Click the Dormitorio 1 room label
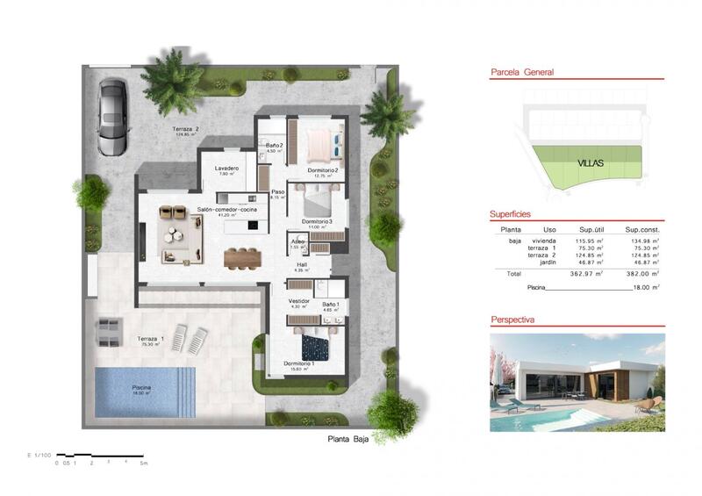pos(299,363)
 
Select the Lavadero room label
pos(227,168)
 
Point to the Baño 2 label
pos(274,146)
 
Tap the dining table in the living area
pos(242,258)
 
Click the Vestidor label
pos(299,301)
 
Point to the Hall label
pos(300,265)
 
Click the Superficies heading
pos(510,214)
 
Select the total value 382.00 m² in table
pos(637,274)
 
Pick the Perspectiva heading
pos(512,320)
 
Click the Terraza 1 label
pos(151,339)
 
